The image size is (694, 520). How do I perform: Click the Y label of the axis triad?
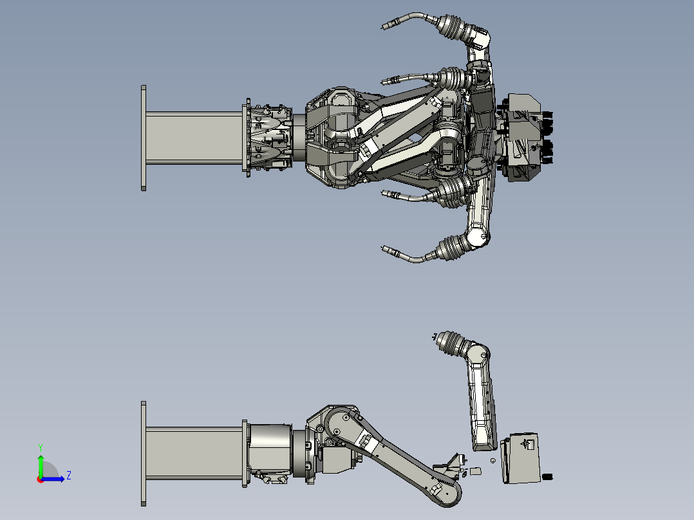(41, 447)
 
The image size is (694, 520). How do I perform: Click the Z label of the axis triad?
(69, 476)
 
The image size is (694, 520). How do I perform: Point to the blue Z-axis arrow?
(53, 479)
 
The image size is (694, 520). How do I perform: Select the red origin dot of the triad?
(41, 479)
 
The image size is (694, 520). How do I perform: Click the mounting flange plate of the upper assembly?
(144, 138)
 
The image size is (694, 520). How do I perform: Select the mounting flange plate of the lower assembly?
(144, 454)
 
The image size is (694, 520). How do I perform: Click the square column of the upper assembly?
(194, 138)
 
